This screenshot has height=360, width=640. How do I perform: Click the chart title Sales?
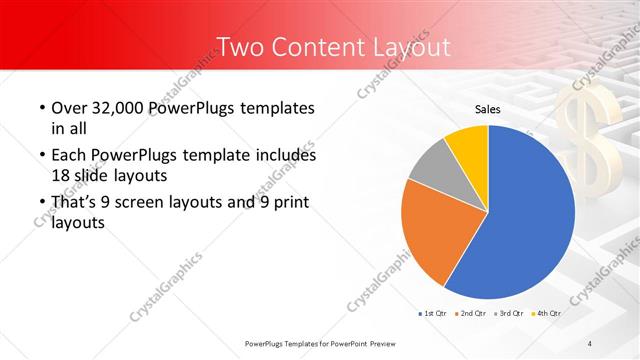[487, 111]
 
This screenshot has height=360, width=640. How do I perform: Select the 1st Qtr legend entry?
[432, 314]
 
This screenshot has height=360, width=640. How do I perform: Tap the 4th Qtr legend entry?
[549, 314]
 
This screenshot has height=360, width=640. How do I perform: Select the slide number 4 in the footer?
[589, 344]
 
